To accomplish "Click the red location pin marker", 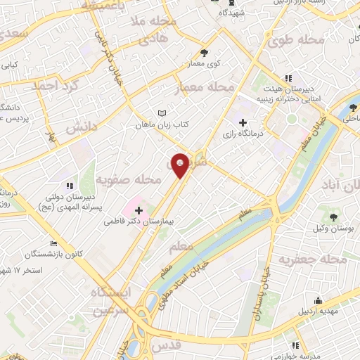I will tap(181, 165).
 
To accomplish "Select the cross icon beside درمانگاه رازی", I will tap(243, 122).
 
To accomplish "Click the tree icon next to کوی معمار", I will tap(204, 53).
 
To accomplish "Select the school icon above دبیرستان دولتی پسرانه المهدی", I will tap(68, 186).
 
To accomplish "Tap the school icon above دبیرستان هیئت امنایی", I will tap(288, 78).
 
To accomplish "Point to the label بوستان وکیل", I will tap(333, 230).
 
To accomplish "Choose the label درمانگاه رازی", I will tap(243, 134).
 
